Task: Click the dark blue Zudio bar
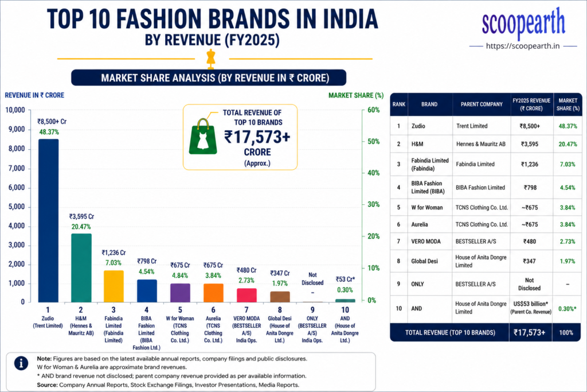[48, 220]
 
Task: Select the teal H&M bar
[81, 267]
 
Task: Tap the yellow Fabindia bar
[114, 286]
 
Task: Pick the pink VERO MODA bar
[246, 296]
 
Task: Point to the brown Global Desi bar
[280, 296]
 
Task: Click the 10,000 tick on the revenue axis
[15, 110]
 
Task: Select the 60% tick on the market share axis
[373, 110]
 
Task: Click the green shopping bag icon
[203, 137]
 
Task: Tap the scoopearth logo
[523, 23]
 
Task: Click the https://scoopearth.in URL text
[523, 46]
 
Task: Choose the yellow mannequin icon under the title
[211, 59]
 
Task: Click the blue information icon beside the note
[21, 363]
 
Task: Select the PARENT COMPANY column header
[482, 104]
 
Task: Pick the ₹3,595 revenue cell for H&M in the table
[529, 144]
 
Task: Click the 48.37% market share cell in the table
[568, 126]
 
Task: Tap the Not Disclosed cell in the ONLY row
[529, 284]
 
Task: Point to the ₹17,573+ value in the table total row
[529, 332]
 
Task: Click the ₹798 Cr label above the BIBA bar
[147, 261]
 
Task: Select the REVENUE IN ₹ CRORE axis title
[34, 95]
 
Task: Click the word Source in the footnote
[47, 385]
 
